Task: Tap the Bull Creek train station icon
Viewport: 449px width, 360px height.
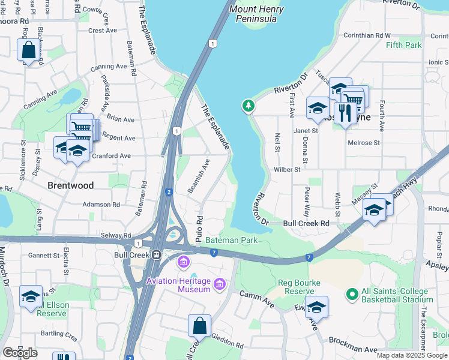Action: (x=157, y=254)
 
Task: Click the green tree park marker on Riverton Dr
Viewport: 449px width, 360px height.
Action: (x=248, y=106)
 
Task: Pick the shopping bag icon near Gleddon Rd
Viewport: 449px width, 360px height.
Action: (x=199, y=327)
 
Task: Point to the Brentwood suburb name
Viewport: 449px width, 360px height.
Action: (x=71, y=185)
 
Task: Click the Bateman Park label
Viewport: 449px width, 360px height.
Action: (x=231, y=240)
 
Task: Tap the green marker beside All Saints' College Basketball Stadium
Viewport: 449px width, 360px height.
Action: (x=352, y=295)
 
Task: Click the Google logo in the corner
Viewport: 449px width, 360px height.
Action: (x=20, y=353)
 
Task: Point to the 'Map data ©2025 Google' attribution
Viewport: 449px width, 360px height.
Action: (x=412, y=355)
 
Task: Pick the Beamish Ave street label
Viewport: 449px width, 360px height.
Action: (x=199, y=176)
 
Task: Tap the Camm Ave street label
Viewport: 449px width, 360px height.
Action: (x=256, y=299)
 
